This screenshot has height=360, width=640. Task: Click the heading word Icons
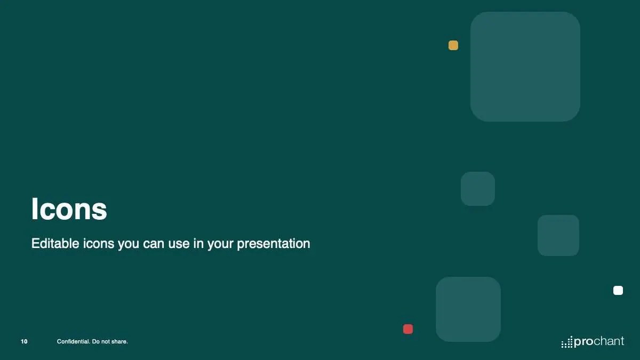(69, 209)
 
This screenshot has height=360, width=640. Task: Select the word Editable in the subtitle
(55, 243)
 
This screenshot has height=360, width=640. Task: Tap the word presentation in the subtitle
(274, 244)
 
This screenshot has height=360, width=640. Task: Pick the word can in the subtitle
(154, 244)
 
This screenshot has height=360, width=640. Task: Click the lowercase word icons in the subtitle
(98, 244)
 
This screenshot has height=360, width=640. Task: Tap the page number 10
(25, 341)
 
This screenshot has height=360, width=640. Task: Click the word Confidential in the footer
(73, 341)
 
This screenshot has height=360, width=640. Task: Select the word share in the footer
(119, 341)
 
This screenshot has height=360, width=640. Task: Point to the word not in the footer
(105, 341)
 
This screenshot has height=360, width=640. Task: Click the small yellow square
(453, 45)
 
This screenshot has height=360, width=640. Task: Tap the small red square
(407, 329)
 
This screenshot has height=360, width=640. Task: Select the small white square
(618, 290)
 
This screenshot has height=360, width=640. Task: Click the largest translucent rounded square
(525, 67)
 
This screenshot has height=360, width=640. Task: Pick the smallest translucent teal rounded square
(478, 189)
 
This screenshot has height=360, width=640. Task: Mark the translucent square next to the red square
(468, 309)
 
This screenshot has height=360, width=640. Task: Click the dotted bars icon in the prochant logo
(567, 342)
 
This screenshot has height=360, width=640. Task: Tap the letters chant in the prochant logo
(609, 341)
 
